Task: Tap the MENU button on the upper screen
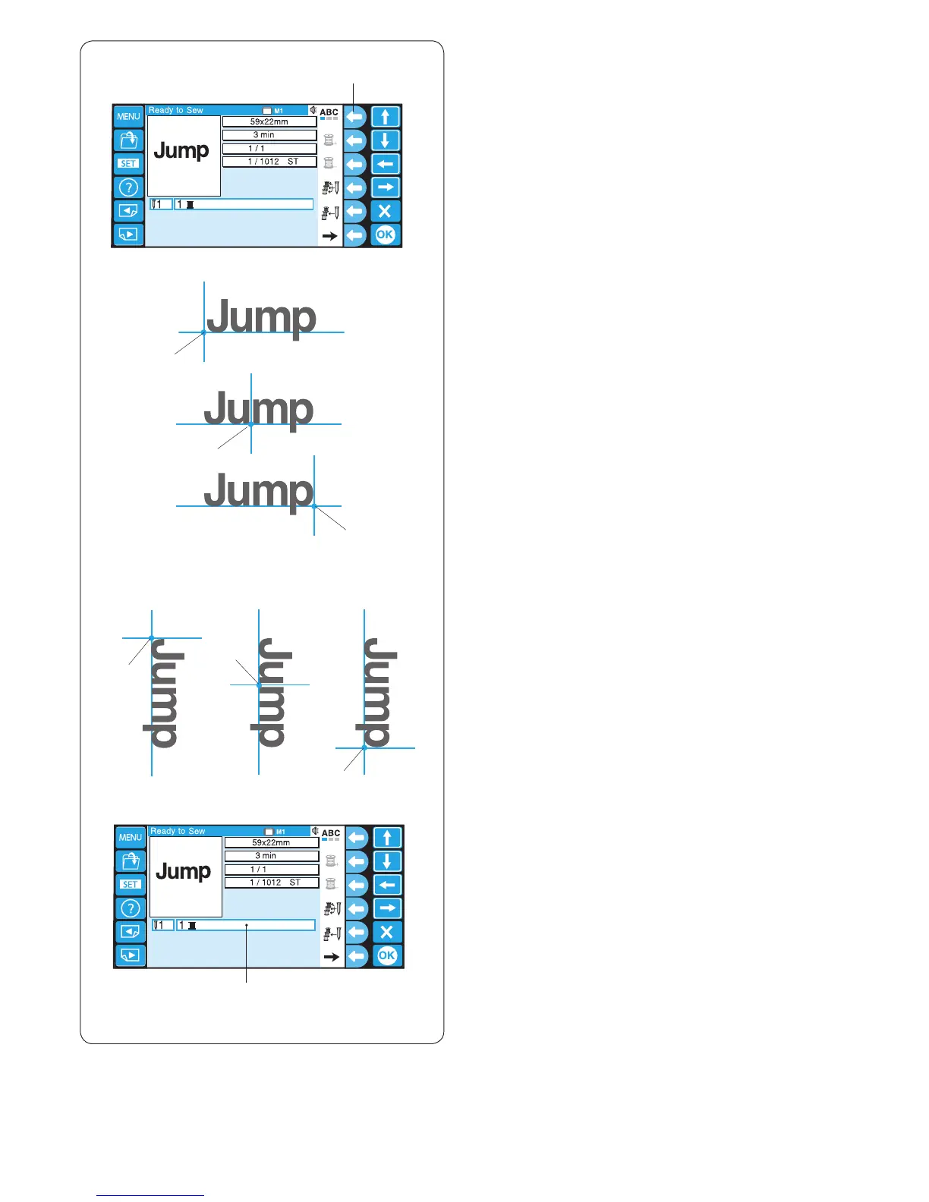coord(128,117)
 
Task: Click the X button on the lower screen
coord(387,932)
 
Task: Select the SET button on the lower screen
coord(131,884)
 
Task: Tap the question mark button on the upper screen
coord(128,187)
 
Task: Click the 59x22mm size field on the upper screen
coord(269,121)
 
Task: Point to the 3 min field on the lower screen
coord(271,856)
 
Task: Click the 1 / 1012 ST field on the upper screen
coord(269,162)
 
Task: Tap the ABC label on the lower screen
coord(331,833)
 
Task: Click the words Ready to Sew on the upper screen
coord(176,110)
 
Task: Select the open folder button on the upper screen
coord(128,140)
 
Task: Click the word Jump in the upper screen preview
coord(181,150)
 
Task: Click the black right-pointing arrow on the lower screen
coord(331,957)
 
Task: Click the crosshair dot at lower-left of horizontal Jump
coord(203,332)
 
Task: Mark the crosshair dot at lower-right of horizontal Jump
coord(314,506)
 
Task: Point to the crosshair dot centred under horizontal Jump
coord(251,424)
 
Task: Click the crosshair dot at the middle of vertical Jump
coord(259,685)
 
